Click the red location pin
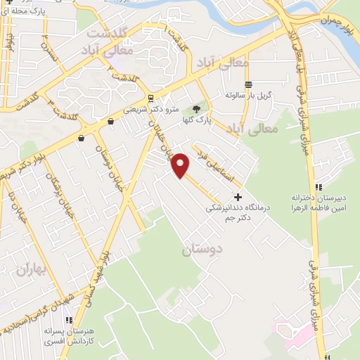point(181,165)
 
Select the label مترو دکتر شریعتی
point(150,110)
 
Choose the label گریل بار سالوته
point(248,94)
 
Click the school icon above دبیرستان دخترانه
point(318,187)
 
